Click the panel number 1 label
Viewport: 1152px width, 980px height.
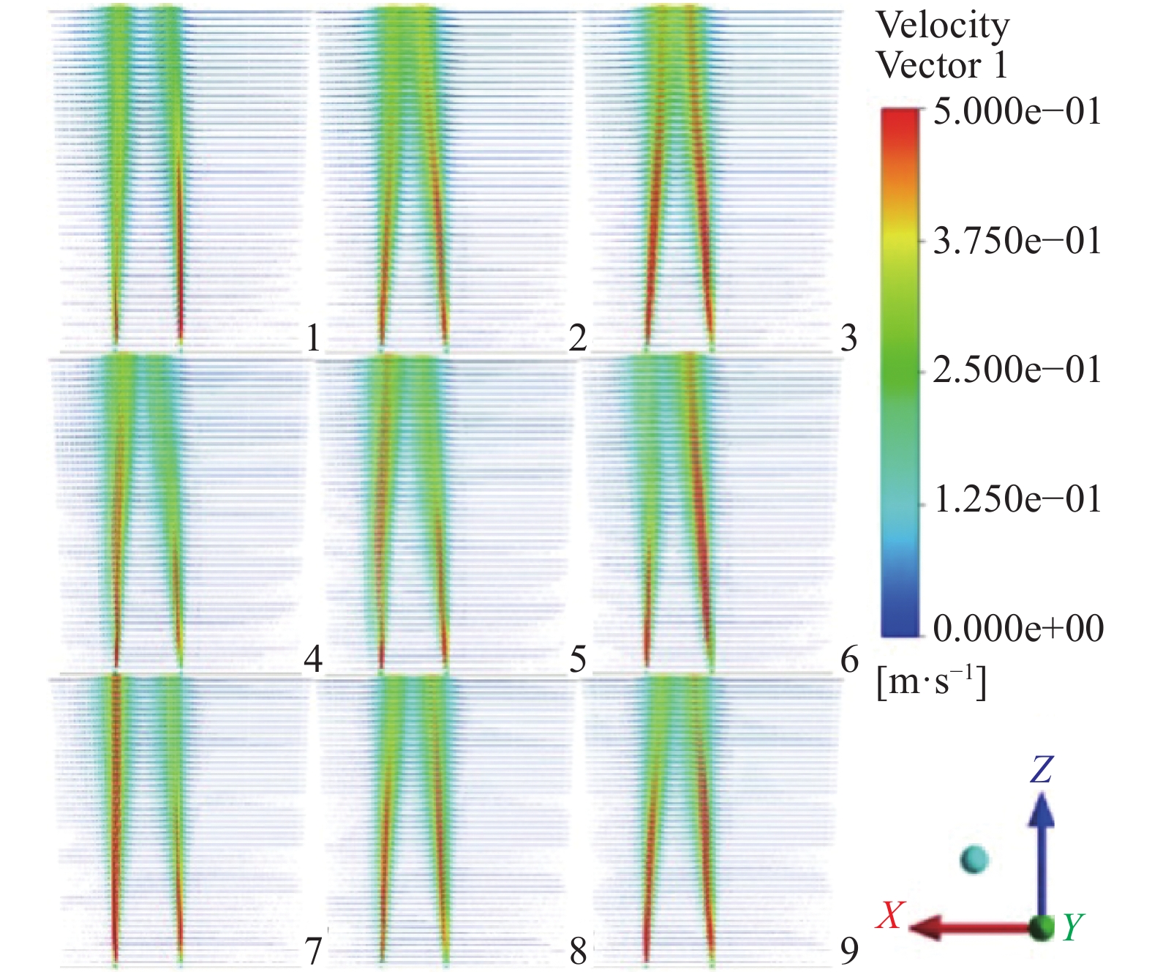(x=313, y=337)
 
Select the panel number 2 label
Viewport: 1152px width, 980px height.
(x=578, y=337)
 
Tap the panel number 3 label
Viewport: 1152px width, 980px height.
(x=848, y=337)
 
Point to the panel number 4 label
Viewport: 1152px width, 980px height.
(x=313, y=659)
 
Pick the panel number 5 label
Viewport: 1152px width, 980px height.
(x=578, y=659)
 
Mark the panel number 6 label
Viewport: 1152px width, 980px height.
(x=848, y=659)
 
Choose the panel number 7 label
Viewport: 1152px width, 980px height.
(x=313, y=950)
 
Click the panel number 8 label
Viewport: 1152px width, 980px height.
(x=578, y=950)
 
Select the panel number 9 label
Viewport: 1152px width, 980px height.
(x=848, y=950)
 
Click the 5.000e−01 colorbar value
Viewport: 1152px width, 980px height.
(x=1017, y=112)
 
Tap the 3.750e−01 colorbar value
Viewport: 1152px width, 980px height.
(x=1017, y=241)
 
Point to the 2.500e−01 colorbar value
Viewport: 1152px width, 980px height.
(x=1017, y=370)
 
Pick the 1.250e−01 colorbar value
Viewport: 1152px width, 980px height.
(x=1017, y=499)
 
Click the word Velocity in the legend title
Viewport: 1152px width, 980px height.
(x=942, y=26)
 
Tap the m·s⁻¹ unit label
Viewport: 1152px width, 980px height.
(x=931, y=682)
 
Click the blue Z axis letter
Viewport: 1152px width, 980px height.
(x=1042, y=769)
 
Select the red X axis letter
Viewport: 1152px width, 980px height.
(x=891, y=915)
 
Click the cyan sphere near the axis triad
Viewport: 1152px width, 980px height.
(x=974, y=859)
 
